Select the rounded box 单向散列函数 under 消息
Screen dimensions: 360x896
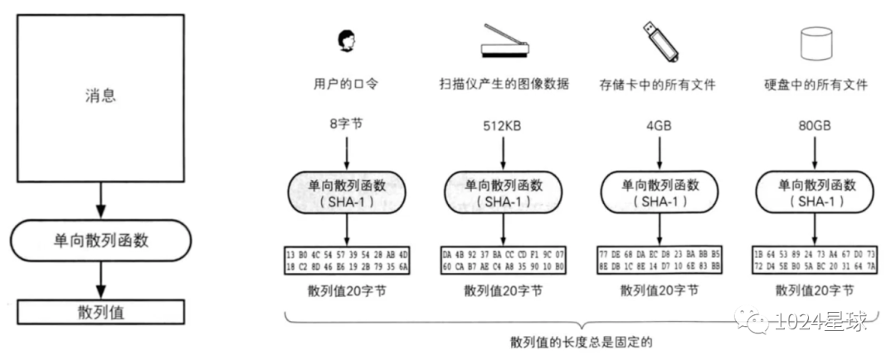tap(100, 241)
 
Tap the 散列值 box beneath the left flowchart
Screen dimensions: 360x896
tap(100, 313)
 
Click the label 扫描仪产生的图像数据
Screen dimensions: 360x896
tap(504, 85)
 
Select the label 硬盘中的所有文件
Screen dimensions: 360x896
tap(815, 85)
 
